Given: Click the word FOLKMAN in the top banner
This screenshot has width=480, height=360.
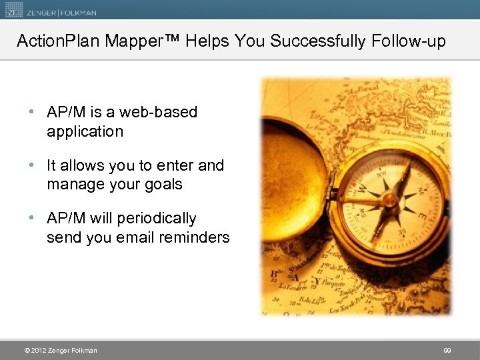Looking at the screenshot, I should [x=77, y=11].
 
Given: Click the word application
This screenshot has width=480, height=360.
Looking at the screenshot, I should [x=85, y=131].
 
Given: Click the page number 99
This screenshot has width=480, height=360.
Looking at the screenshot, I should [x=447, y=350].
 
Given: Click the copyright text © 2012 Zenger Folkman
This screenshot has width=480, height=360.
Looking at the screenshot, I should [x=60, y=350].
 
